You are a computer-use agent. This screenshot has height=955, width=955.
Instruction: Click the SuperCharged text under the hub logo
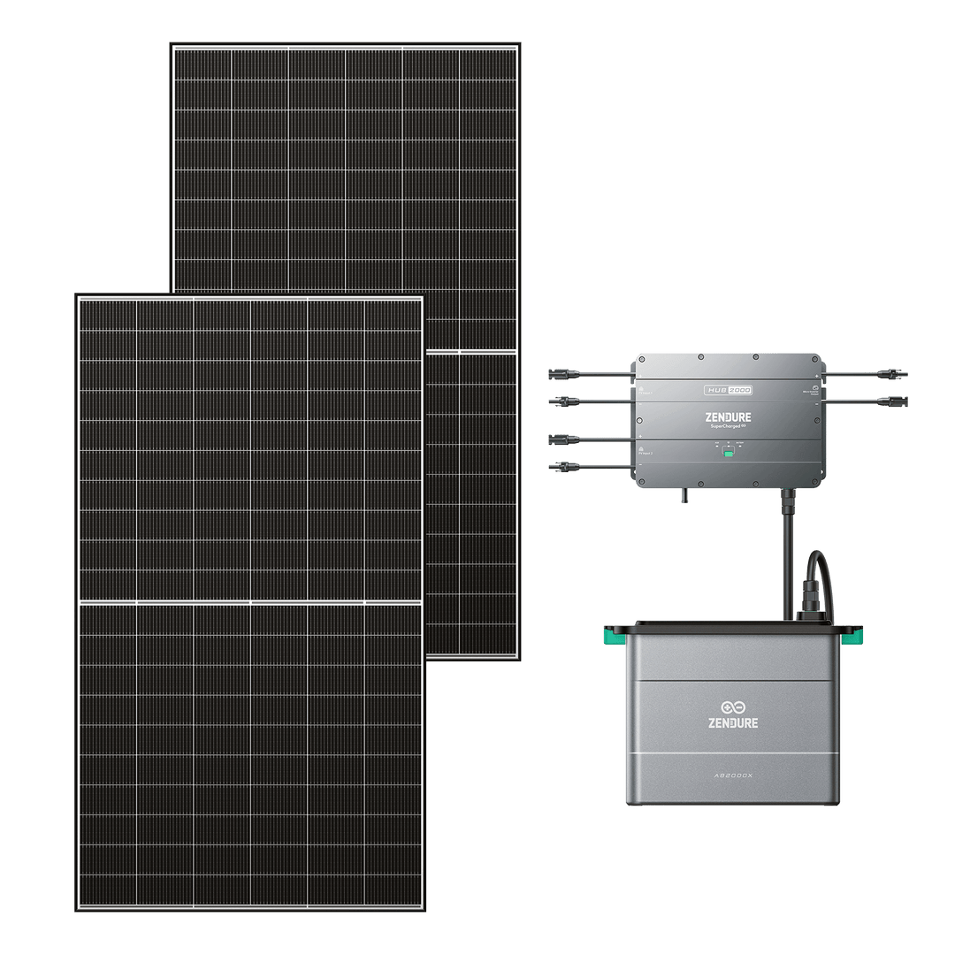point(727,425)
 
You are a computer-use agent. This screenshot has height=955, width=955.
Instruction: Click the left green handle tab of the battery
point(610,633)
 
